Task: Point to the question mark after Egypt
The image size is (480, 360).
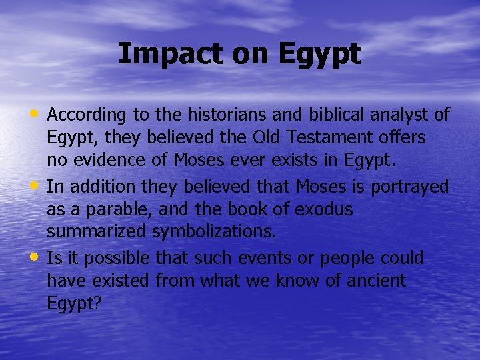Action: click(97, 303)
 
